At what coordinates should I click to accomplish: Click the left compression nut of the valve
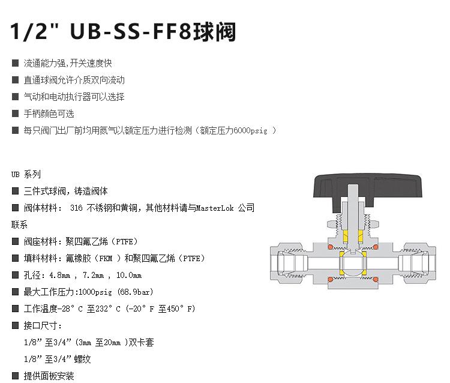tap(286, 261)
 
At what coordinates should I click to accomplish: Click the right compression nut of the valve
tap(419, 261)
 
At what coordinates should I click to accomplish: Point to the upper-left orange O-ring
tap(331, 247)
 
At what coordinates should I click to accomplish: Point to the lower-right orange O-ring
tap(376, 279)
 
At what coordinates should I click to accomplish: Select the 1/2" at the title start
tap(34, 31)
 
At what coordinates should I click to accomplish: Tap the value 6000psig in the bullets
tap(250, 131)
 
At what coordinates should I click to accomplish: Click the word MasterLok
tap(215, 208)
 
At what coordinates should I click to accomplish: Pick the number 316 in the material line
tap(76, 208)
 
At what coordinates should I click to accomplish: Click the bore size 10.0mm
tap(129, 276)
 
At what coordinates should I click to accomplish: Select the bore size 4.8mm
tap(59, 276)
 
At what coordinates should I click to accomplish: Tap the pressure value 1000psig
tap(95, 292)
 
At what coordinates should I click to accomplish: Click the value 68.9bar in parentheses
tap(135, 292)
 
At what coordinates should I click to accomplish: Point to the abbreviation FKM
tap(106, 258)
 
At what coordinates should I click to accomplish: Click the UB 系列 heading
tap(26, 174)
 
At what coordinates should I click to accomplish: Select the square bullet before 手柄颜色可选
tap(15, 113)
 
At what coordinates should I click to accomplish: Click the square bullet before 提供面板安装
tap(15, 376)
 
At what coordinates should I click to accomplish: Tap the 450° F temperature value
tap(181, 309)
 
